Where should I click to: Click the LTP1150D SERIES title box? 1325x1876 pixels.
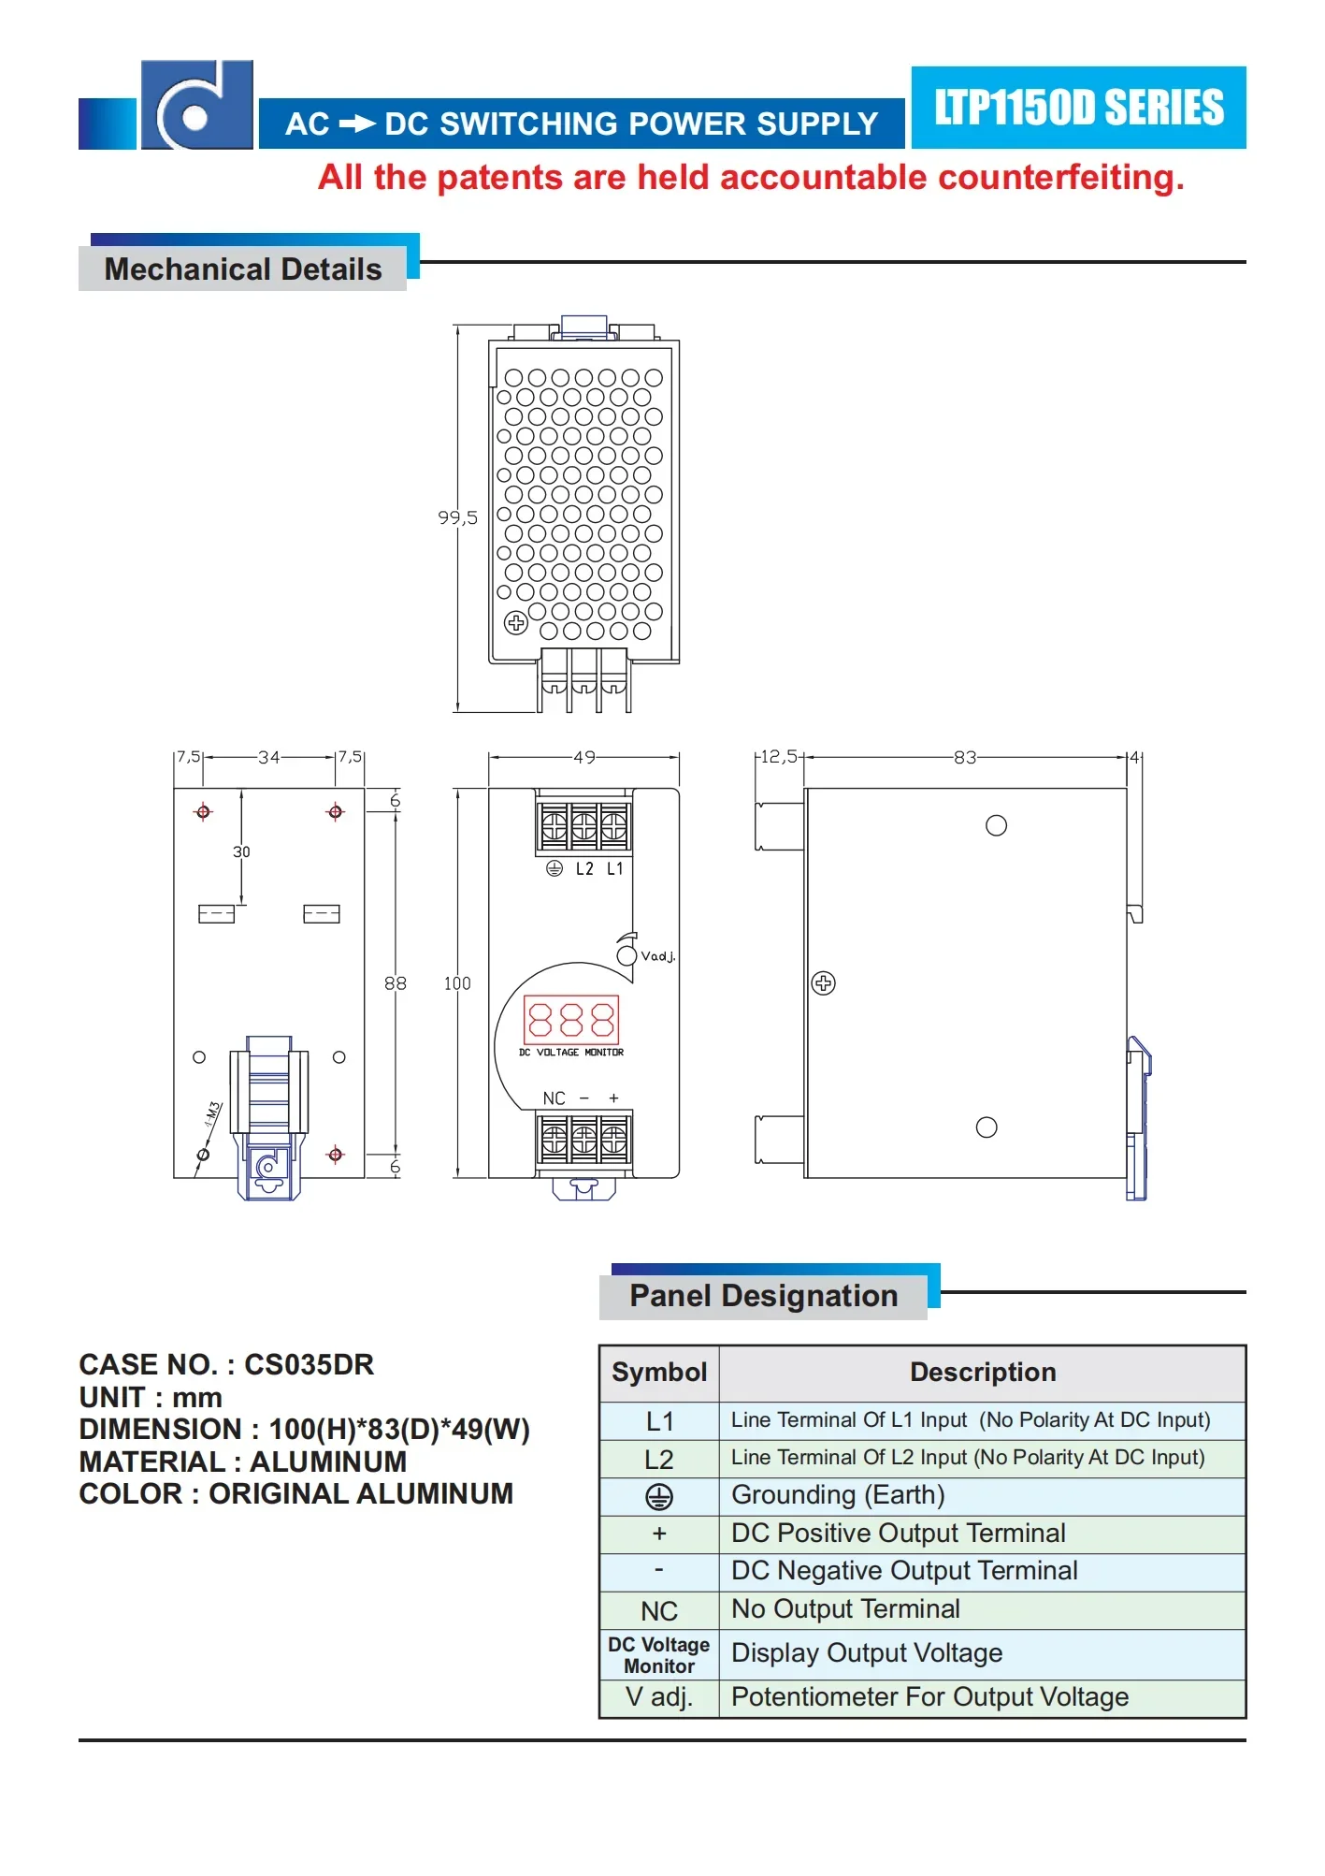coord(1078,108)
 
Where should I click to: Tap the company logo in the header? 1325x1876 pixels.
coord(196,106)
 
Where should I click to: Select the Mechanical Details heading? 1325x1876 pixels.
coord(243,269)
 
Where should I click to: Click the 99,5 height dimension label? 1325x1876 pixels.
coord(457,517)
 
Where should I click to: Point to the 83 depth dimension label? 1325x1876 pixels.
coord(965,757)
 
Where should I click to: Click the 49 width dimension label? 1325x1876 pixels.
coord(584,757)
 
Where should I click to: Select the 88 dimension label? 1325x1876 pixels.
coord(396,983)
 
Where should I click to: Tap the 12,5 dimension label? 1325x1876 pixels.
coord(779,756)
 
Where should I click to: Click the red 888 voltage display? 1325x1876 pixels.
coord(571,1019)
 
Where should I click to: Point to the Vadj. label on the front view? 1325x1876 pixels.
coord(657,956)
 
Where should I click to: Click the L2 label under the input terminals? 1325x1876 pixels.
coord(584,869)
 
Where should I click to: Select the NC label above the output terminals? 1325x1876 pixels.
coord(554,1098)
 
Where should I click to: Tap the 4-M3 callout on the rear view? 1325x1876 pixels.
coord(213,1113)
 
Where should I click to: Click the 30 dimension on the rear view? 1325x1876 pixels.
coord(241,851)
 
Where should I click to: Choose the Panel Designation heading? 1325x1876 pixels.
coord(763,1296)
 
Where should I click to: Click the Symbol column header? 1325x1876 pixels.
coord(659,1373)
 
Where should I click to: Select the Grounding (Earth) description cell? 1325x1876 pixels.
coord(838,1495)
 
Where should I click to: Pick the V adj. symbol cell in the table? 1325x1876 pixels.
coord(659,1697)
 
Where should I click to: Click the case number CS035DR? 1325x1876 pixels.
coord(309,1365)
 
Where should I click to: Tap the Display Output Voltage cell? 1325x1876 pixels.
coord(867,1653)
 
